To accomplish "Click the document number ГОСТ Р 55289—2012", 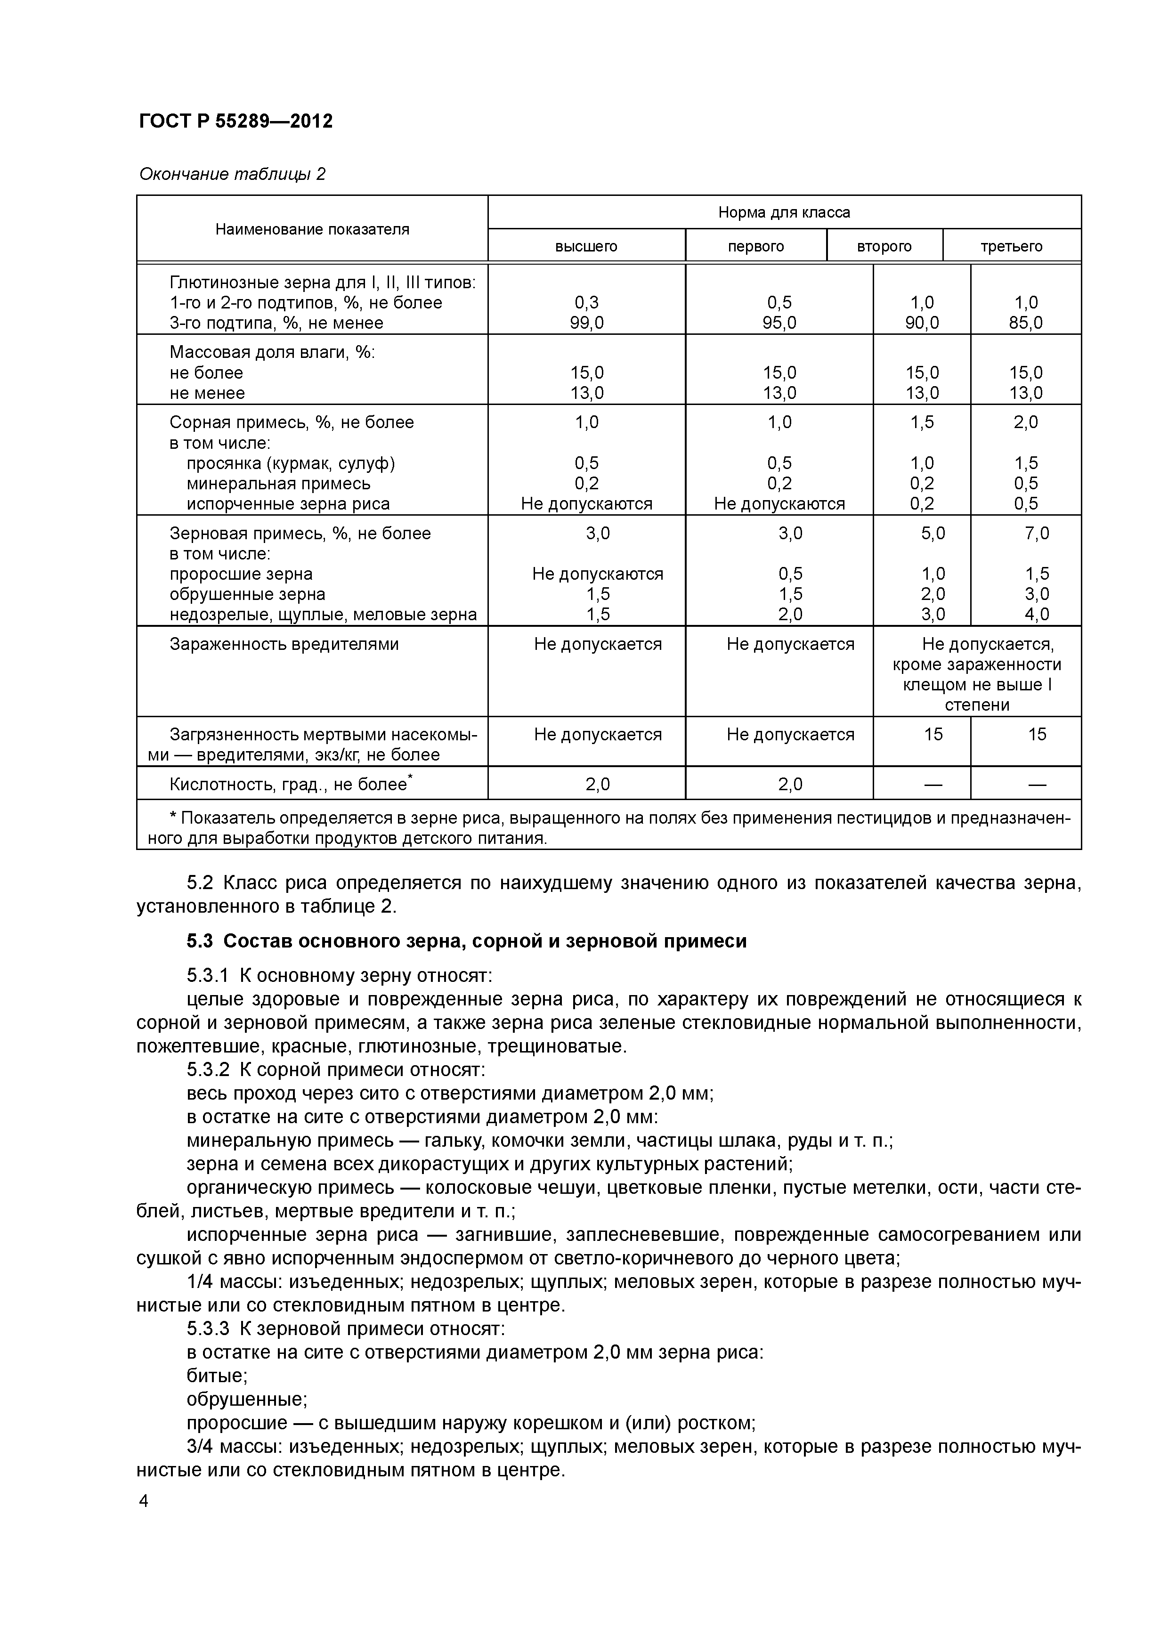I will pyautogui.click(x=235, y=121).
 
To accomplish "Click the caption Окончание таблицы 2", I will pyautogui.click(x=232, y=174).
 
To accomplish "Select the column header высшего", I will pyautogui.click(x=586, y=247).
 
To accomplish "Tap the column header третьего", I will pyautogui.click(x=1011, y=247).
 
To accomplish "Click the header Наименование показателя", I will pyautogui.click(x=312, y=229).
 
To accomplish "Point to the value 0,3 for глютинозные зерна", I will pyautogui.click(x=586, y=303).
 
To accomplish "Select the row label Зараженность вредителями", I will pyautogui.click(x=284, y=644).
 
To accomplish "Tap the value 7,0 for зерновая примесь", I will pyautogui.click(x=1036, y=533).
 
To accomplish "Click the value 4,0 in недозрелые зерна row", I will pyautogui.click(x=1036, y=614).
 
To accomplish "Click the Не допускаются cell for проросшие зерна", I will pyautogui.click(x=597, y=574).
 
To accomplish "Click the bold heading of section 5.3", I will pyautogui.click(x=466, y=940).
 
